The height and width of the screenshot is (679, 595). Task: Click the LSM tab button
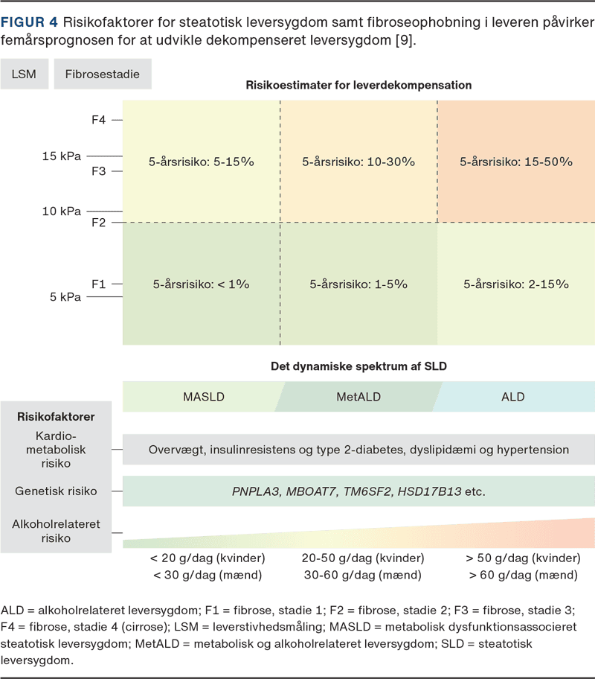[x=25, y=74]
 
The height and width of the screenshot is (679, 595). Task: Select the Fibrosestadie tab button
[x=103, y=74]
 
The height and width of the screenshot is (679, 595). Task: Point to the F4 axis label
[x=99, y=119]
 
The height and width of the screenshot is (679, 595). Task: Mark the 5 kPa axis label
[x=65, y=297]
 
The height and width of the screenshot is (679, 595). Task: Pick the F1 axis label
[x=99, y=284]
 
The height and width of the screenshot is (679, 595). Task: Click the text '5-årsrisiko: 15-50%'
[x=516, y=162]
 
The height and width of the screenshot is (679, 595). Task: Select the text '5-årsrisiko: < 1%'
[x=201, y=284]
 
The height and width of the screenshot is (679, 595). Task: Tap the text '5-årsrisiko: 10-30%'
[x=358, y=162]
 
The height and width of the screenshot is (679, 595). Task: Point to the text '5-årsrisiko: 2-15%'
[x=516, y=284]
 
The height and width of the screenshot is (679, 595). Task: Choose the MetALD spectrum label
[x=358, y=397]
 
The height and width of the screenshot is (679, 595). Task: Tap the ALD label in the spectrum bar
[x=513, y=397]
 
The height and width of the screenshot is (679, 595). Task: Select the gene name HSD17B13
[x=430, y=491]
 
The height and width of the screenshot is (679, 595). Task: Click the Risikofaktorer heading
[x=57, y=417]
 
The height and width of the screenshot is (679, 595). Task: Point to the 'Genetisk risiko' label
[x=56, y=491]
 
